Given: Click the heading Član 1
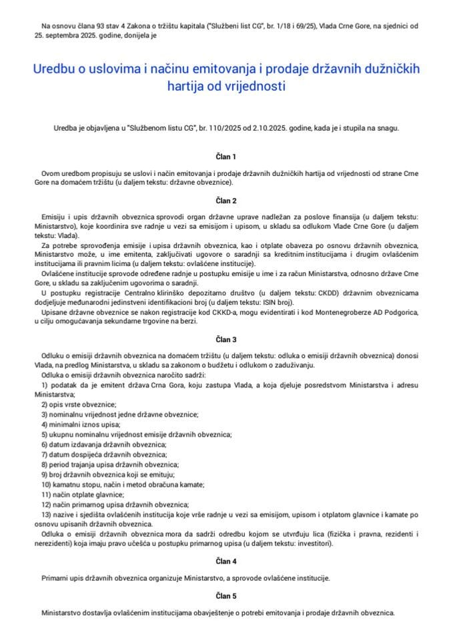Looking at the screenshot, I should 226,157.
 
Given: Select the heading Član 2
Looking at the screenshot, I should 226,200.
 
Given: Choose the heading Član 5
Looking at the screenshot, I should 226,596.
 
